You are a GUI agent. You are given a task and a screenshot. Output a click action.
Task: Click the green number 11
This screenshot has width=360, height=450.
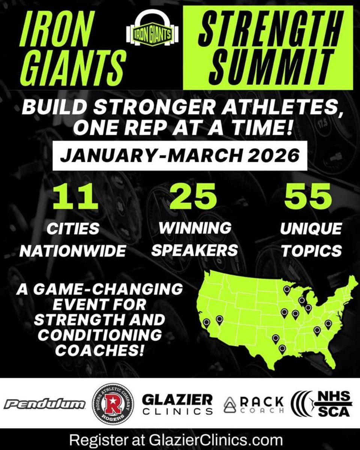(75, 198)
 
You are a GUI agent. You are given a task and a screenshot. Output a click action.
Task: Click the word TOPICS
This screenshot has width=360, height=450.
(312, 250)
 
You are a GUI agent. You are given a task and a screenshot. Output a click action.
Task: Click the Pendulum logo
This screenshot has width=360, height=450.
(45, 403)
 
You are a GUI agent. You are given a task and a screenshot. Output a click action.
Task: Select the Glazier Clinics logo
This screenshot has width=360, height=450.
(177, 404)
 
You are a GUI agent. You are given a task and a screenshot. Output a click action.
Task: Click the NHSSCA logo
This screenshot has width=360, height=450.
(322, 403)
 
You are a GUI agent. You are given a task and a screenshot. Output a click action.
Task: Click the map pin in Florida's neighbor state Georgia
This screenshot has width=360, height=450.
(317, 330)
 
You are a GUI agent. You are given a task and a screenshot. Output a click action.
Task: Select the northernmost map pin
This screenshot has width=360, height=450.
(287, 289)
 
